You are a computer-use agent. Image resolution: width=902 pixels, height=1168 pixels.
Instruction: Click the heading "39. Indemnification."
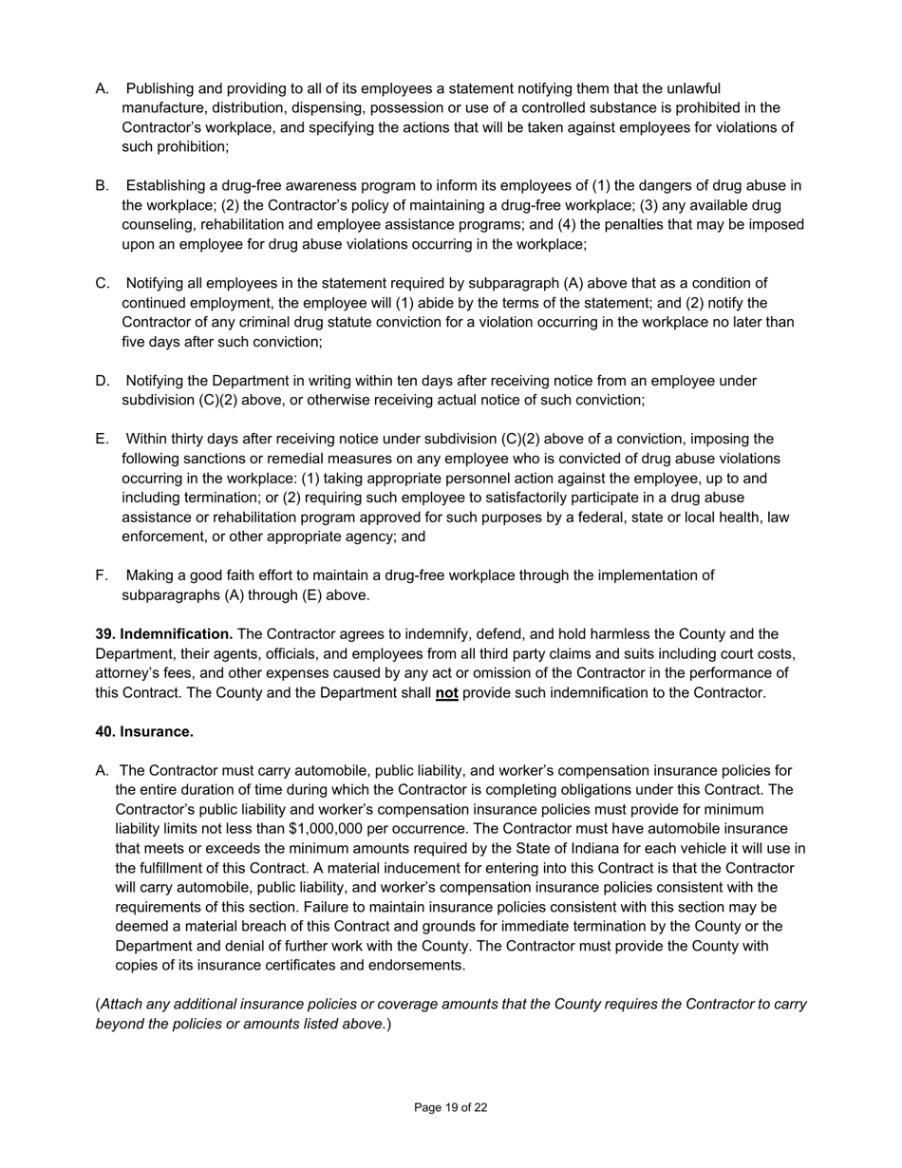click(x=164, y=634)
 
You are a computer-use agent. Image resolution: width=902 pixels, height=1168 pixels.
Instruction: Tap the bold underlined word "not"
click(x=446, y=693)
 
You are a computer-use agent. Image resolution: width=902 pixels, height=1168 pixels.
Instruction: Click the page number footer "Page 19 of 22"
click(x=451, y=1107)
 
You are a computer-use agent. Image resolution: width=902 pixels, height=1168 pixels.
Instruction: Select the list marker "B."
click(x=103, y=186)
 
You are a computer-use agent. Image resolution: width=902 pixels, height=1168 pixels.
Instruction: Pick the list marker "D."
click(x=103, y=381)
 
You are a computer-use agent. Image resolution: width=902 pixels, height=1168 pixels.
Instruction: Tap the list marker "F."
click(x=102, y=575)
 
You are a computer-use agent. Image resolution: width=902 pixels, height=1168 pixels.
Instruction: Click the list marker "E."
click(x=103, y=440)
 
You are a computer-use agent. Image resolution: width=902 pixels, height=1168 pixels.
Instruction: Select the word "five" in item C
click(x=137, y=342)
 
